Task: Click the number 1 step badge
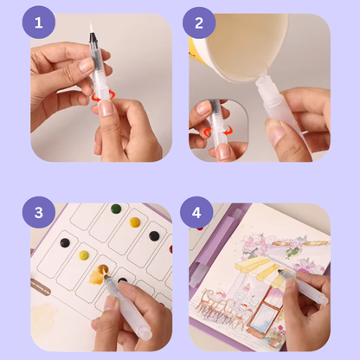coord(39,22)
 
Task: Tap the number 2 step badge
coord(199,22)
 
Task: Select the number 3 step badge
coord(39,213)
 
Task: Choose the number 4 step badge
coord(196,213)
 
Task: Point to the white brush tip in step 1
coord(92,28)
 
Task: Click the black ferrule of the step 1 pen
coord(93,38)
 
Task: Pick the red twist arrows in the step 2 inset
coord(217,132)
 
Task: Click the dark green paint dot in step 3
coord(116,209)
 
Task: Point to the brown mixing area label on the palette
coord(41,287)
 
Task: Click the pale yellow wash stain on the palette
coord(43,314)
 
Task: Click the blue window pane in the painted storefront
coord(265,316)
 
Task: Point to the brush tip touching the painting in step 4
coord(280,271)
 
